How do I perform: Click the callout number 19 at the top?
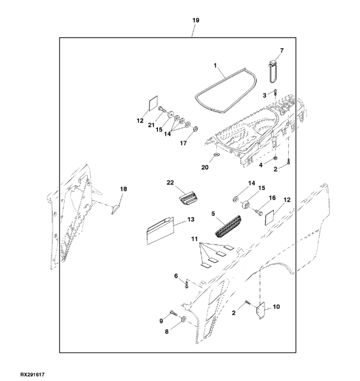195,20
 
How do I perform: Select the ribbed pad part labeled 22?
187,198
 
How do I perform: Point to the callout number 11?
193,238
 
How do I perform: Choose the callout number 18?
123,189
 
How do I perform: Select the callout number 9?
160,321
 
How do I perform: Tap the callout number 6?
176,275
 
